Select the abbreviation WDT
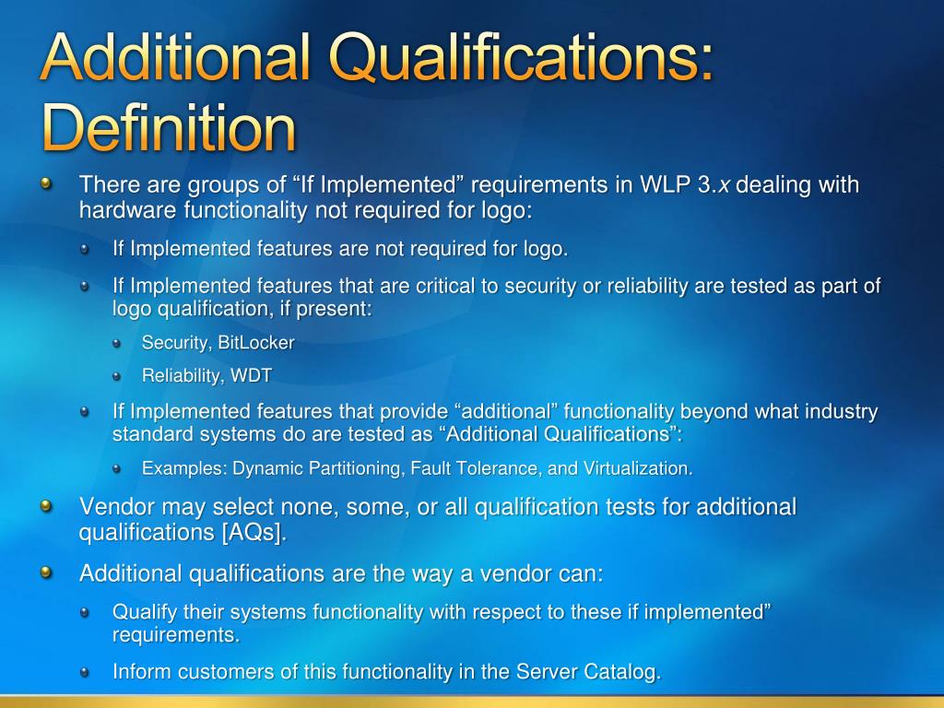[252, 375]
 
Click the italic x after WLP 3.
[725, 185]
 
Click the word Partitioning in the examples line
[356, 468]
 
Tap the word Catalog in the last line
[623, 672]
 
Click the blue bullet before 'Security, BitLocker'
[117, 344]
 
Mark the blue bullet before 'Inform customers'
[85, 672]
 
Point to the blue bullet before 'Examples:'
[117, 468]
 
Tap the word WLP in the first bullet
[662, 185]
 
